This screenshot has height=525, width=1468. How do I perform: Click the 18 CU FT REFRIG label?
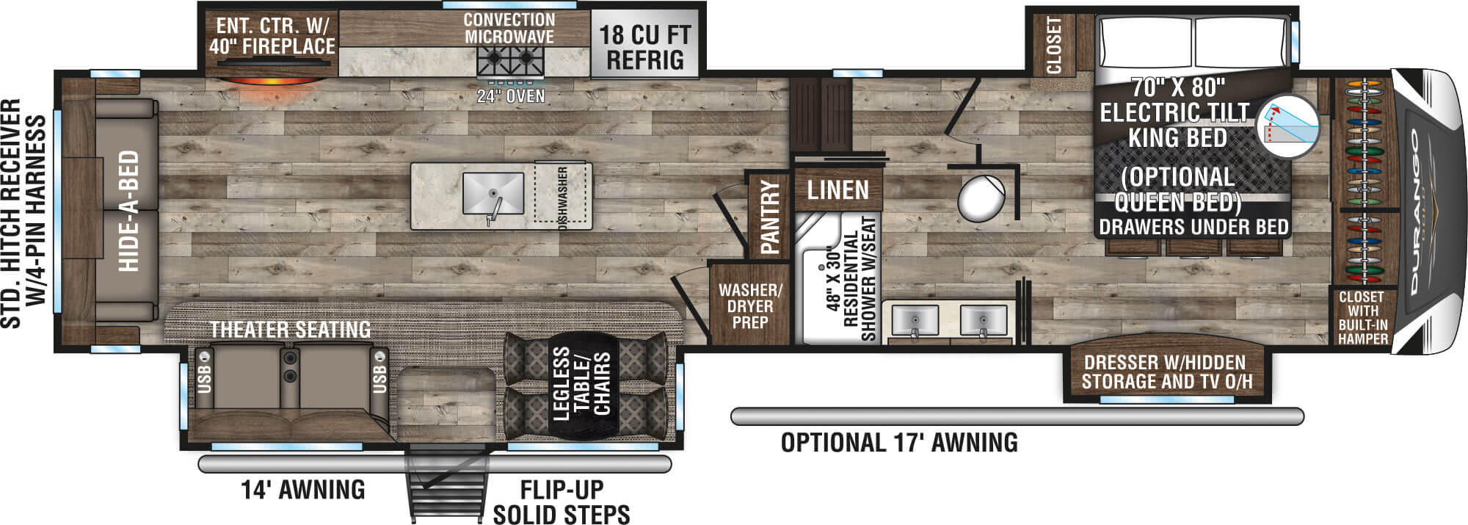[x=645, y=46]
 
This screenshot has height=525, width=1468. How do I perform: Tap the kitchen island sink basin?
[x=493, y=193]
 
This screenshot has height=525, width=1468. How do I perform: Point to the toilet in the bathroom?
[x=981, y=199]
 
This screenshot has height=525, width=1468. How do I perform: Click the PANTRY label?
[x=770, y=217]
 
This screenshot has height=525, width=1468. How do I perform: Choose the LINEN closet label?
[x=837, y=191]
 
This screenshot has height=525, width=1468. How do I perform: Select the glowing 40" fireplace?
[x=272, y=79]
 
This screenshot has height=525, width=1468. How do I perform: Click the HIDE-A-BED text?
[x=128, y=211]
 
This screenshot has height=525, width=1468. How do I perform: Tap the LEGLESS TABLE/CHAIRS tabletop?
[x=581, y=383]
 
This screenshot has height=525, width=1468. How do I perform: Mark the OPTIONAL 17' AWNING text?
[x=899, y=443]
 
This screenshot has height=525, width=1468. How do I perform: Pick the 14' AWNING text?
[x=303, y=489]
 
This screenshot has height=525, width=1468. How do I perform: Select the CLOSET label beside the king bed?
[x=1054, y=45]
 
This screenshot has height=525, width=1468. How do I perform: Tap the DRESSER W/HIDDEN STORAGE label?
[x=1167, y=372]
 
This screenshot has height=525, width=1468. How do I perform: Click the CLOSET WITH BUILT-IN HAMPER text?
[x=1362, y=318]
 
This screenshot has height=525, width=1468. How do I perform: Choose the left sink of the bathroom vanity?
[x=915, y=321]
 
